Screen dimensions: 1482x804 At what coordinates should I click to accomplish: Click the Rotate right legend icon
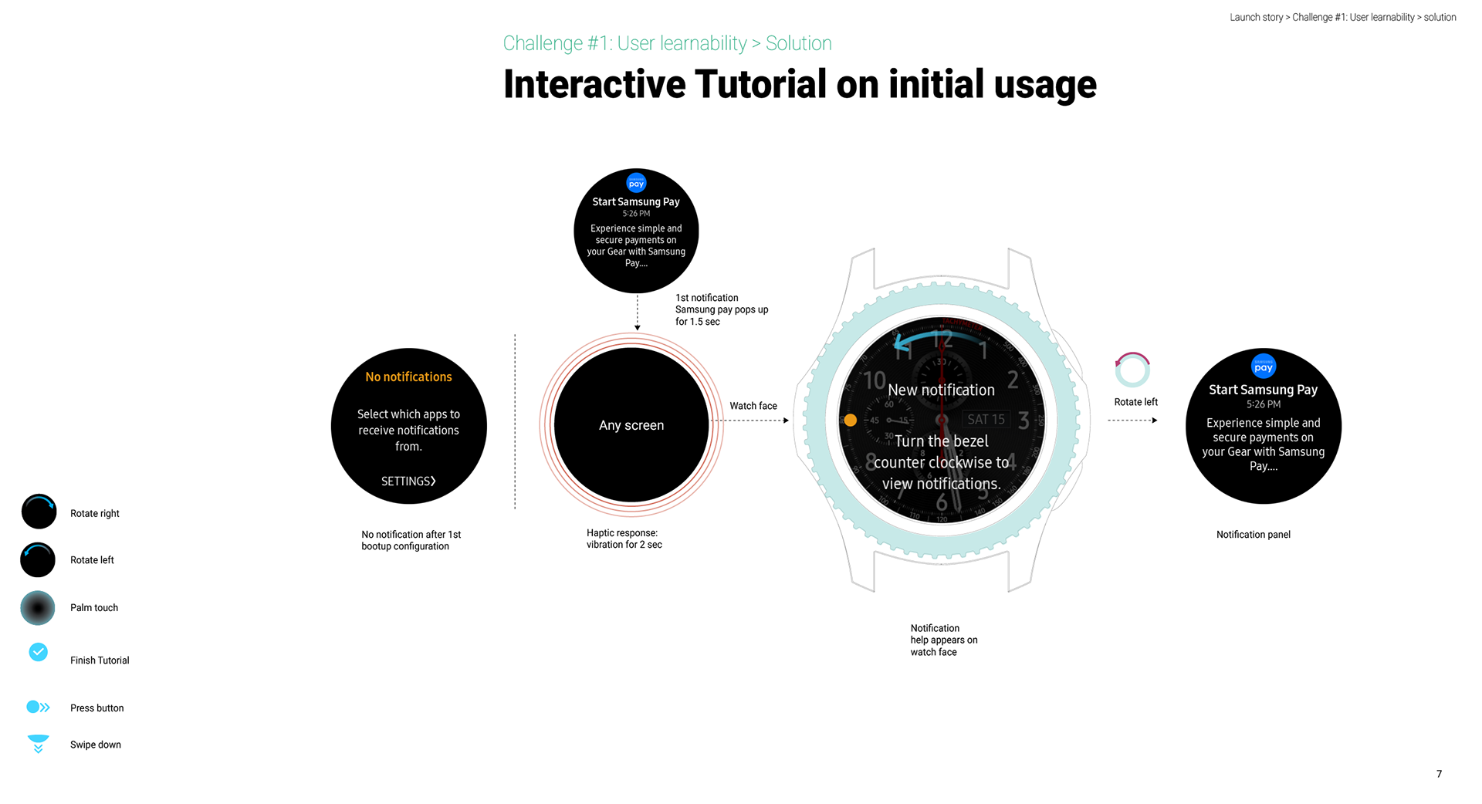point(39,512)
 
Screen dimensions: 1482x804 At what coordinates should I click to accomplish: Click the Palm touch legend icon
point(38,608)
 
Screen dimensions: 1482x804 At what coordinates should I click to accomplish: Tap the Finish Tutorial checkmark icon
point(38,652)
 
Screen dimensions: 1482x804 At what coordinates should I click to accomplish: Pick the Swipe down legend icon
point(38,743)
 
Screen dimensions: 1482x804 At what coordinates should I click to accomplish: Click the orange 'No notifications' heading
point(408,377)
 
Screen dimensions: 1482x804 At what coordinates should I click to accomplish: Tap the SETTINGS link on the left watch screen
point(408,481)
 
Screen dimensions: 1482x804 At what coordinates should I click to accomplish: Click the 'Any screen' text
point(631,425)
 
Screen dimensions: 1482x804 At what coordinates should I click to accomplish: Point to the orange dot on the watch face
point(850,420)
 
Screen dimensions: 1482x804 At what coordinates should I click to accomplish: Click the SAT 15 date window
point(986,419)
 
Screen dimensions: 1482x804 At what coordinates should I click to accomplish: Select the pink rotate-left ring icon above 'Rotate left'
point(1132,370)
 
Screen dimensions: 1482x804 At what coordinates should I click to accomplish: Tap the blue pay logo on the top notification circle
point(636,184)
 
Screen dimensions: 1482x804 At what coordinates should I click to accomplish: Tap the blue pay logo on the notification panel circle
point(1263,367)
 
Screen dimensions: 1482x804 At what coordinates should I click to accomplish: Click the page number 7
point(1439,774)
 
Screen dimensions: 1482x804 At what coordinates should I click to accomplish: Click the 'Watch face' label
point(753,406)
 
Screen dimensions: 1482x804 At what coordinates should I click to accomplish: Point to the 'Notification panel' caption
point(1253,535)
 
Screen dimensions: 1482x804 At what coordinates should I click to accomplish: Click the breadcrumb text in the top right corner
point(1342,17)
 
